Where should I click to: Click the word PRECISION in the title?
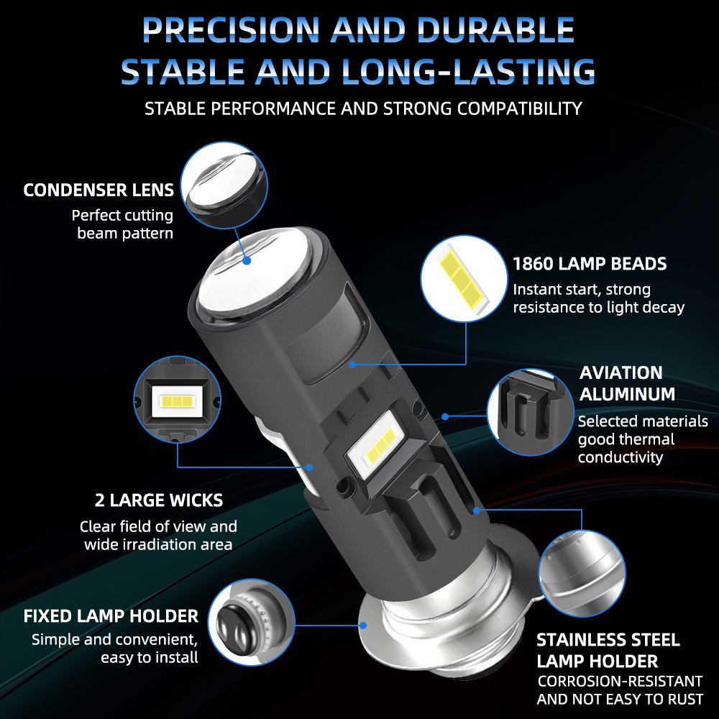231,29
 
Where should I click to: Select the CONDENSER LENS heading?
99,190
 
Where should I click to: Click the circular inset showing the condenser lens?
224,186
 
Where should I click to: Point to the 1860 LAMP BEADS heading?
590,264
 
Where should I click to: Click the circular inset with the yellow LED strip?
464,279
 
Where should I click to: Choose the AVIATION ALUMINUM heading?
627,383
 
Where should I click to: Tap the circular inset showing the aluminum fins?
530,412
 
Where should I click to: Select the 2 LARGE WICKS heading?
159,500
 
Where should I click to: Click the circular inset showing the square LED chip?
178,399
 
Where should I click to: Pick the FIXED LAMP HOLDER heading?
111,616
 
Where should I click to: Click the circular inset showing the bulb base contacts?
251,623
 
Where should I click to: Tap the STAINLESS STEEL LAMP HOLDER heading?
608,650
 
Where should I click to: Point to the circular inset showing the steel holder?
582,573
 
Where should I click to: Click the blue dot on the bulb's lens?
247,260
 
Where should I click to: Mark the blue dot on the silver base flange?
363,625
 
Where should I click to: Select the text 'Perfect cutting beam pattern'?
122,224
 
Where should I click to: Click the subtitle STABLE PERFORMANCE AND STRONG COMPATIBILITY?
363,109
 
